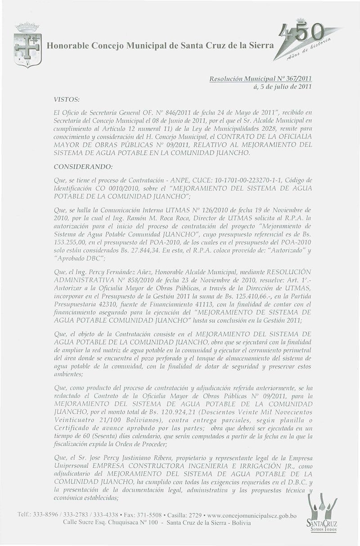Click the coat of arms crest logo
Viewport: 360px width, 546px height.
click(27, 45)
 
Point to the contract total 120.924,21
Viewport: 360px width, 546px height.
click(135, 403)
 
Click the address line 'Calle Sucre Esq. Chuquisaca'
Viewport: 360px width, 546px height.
click(101, 524)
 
